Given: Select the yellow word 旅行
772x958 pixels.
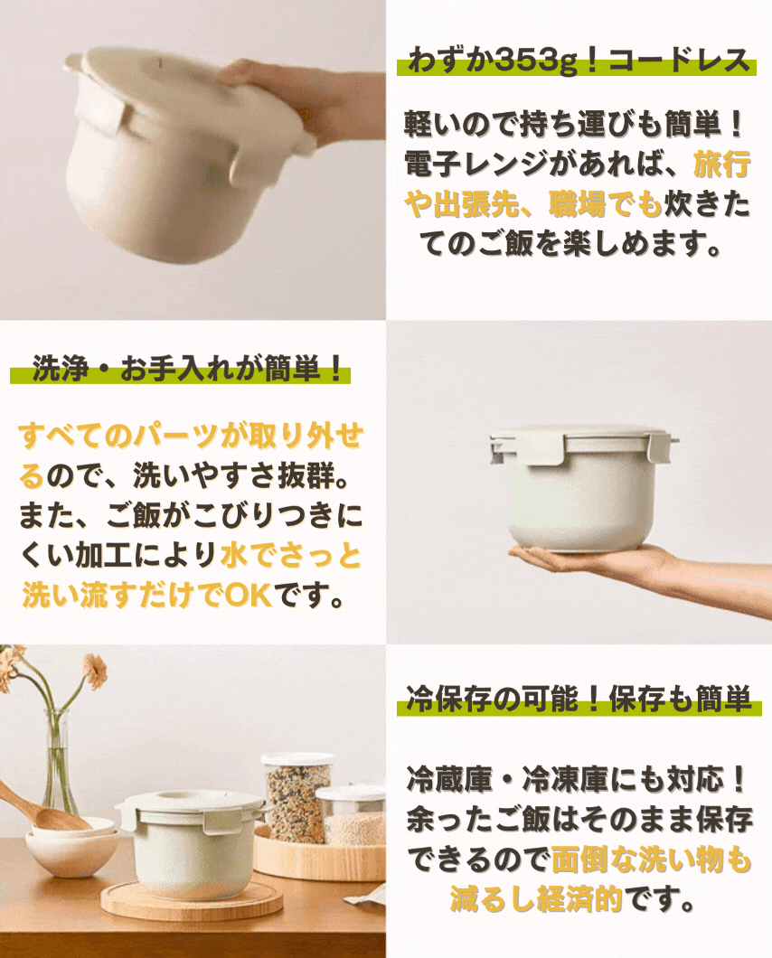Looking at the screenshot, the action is coord(722,164).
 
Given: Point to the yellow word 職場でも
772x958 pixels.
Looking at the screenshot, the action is coord(605,204).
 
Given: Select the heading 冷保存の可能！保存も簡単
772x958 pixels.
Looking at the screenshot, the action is coord(579,699).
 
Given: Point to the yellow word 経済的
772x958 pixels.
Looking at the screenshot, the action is coord(579,898).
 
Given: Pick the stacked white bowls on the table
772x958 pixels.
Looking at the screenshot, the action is coord(72,845).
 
